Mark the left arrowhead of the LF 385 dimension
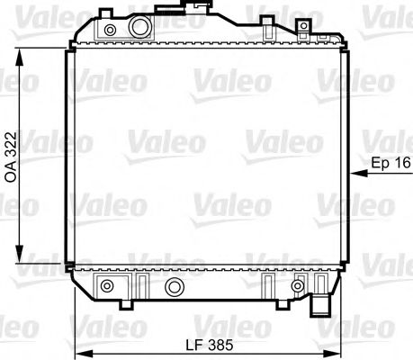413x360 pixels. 77,354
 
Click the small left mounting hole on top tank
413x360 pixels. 110,31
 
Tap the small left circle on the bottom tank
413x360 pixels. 108,287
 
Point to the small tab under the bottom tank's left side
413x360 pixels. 100,301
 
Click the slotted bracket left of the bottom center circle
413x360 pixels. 140,284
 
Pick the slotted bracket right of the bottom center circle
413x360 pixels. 268,284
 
